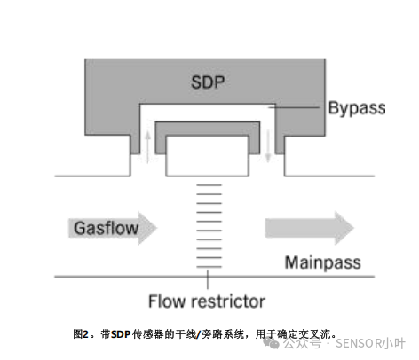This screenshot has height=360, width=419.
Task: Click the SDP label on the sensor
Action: click(208, 84)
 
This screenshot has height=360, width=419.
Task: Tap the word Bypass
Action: click(356, 108)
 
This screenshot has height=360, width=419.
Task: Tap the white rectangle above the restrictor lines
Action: click(207, 154)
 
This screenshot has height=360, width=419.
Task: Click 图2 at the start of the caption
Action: click(82, 334)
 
